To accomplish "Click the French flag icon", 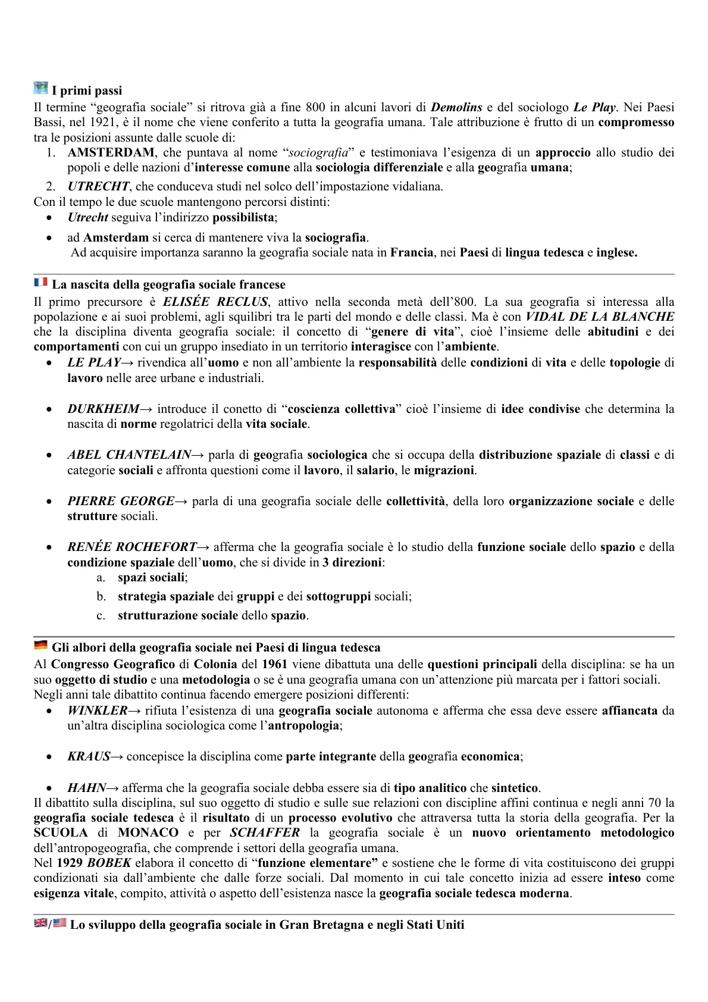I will click(40, 282).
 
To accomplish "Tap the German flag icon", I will click(40, 645).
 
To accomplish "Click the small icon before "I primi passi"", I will click(40, 88).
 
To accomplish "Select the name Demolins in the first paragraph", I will click(456, 108).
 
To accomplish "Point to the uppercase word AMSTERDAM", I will click(111, 153).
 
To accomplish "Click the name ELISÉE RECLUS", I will click(215, 302).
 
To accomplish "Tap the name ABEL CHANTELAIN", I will click(129, 455).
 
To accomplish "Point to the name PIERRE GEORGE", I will click(121, 502).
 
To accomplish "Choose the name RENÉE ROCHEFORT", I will click(131, 547).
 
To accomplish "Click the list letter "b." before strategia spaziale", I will click(101, 597).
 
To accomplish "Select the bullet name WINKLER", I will click(97, 710).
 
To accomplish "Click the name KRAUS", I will click(89, 757).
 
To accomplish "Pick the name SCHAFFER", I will click(265, 833).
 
